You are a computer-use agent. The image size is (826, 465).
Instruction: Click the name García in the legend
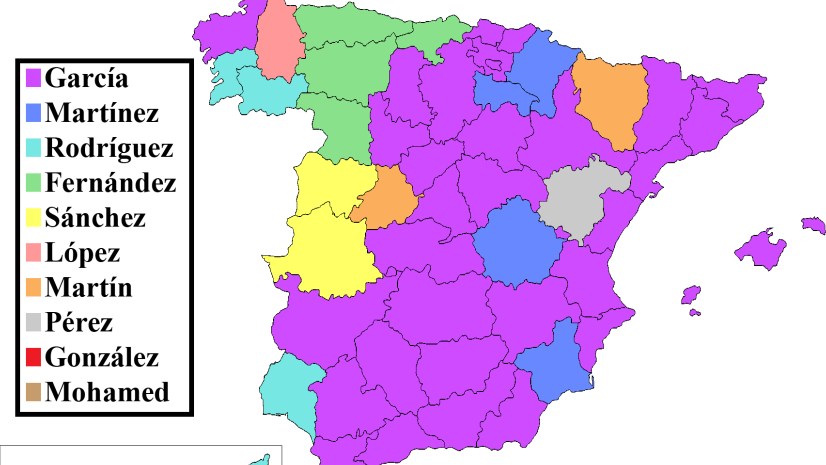[x=86, y=78]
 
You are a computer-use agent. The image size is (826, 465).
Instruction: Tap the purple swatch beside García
[x=33, y=78]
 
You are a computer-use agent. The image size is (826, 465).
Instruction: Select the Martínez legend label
[x=102, y=113]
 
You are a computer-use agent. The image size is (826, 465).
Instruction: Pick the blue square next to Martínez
[x=33, y=112]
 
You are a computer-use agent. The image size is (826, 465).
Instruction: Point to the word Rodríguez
[x=109, y=148]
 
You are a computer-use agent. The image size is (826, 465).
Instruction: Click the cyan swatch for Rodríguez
[x=33, y=147]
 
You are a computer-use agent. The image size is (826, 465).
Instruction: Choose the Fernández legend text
[x=110, y=183]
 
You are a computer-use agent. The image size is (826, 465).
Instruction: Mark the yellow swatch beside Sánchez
[x=33, y=218]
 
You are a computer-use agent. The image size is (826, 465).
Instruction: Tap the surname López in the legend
[x=82, y=253]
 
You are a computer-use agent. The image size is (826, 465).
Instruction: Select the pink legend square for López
[x=33, y=253]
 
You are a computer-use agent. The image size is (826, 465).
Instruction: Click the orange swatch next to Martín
[x=33, y=288]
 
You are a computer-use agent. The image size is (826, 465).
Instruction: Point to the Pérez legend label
[x=79, y=322]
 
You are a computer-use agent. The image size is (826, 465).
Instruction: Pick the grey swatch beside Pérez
[x=33, y=322]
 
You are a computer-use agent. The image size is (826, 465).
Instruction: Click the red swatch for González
[x=33, y=357]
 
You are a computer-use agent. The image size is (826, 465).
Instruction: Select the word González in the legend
[x=102, y=357]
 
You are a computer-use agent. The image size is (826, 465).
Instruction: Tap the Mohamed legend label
[x=107, y=392]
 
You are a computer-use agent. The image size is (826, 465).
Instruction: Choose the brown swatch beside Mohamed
[x=33, y=392]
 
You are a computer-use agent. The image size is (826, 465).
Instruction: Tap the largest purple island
[x=761, y=250]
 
